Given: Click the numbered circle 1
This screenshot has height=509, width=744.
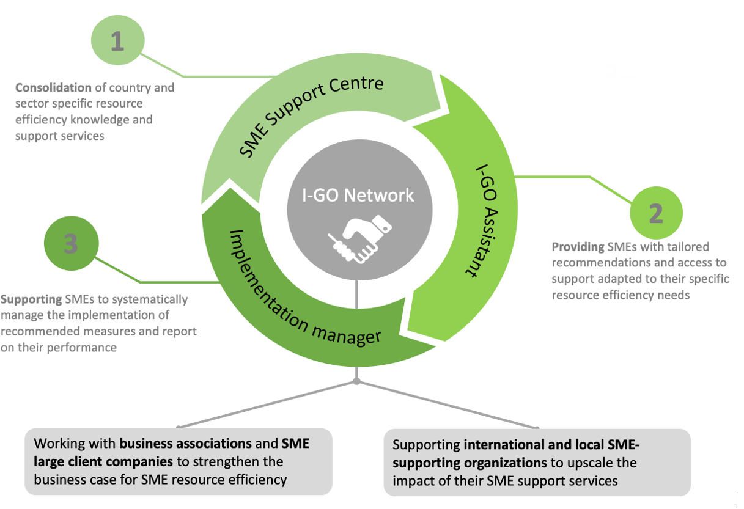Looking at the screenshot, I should (x=117, y=42).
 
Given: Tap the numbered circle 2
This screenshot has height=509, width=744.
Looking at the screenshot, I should (x=655, y=213).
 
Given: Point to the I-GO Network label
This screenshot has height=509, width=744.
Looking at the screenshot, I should (x=359, y=195).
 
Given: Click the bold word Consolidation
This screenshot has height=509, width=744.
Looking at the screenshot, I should (x=53, y=87).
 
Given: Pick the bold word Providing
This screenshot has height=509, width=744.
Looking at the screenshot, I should (x=578, y=247).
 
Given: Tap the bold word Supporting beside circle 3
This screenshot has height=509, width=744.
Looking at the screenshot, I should (x=31, y=299).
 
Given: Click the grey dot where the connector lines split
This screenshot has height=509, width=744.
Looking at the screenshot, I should (x=357, y=382).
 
